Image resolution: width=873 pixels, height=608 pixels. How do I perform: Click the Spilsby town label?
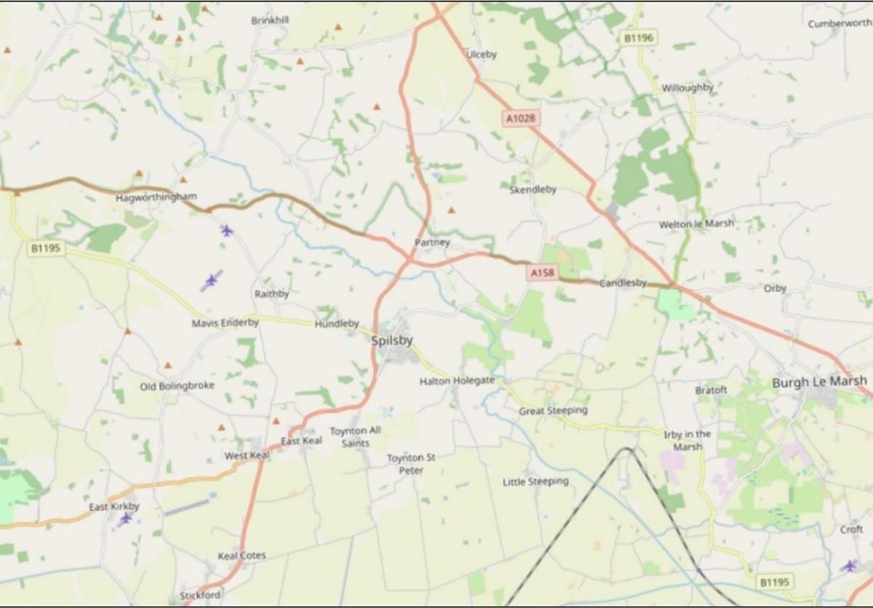[x=392, y=340]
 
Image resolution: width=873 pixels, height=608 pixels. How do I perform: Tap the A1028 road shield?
[x=522, y=116]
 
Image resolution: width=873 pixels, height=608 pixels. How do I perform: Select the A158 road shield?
[x=543, y=272]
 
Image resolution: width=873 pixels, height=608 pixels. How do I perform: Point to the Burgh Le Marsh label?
[x=819, y=382]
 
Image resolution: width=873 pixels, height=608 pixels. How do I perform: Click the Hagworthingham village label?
[x=156, y=197]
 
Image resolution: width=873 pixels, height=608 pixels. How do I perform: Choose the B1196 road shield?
[x=639, y=37]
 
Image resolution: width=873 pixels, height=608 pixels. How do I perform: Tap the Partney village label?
[x=432, y=242]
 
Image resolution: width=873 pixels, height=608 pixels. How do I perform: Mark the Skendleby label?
[x=533, y=189]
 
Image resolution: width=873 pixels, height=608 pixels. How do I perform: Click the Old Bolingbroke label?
[x=177, y=386]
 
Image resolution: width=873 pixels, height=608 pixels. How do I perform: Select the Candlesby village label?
[x=623, y=283]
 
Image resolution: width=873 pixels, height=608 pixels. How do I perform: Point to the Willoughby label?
[x=687, y=88]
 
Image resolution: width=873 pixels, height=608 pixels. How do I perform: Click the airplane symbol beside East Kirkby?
[x=126, y=518]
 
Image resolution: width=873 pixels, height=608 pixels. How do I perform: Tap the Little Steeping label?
[x=535, y=482]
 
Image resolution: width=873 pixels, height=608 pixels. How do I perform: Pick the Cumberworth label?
[x=840, y=23]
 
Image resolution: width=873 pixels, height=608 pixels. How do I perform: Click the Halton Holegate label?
[x=457, y=381]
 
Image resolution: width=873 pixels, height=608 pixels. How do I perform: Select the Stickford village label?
[x=200, y=596]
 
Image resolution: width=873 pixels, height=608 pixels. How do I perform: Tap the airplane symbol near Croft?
[x=849, y=566]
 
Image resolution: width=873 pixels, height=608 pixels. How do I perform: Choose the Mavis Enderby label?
[x=225, y=323]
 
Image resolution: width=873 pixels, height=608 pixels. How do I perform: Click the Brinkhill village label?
[x=270, y=20]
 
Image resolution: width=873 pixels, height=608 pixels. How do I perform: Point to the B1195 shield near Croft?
[x=775, y=582]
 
